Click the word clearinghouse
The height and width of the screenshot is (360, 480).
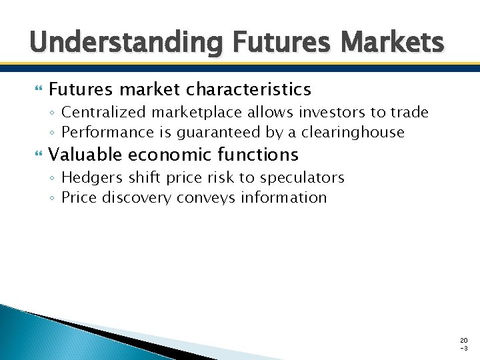click(353, 132)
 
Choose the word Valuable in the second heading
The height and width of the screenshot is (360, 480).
click(84, 155)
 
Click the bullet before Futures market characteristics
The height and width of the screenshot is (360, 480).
click(37, 89)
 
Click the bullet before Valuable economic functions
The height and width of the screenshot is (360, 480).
click(37, 155)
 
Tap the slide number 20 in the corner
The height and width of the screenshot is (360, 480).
click(464, 340)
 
